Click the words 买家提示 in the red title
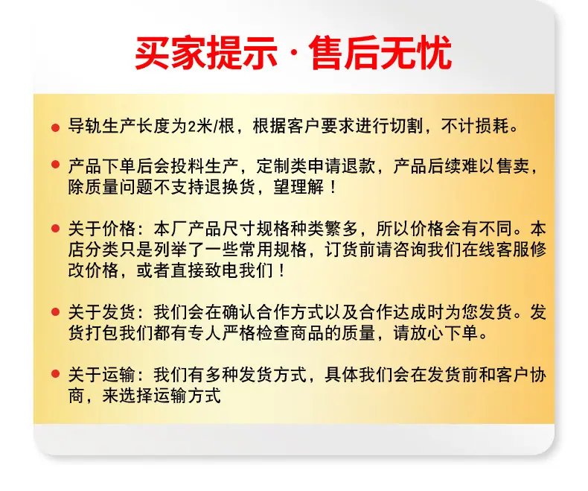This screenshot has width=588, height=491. click(x=206, y=53)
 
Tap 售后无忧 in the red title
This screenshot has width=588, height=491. click(x=380, y=53)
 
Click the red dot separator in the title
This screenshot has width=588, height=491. click(x=293, y=54)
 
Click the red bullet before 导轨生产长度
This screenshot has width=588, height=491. click(x=56, y=127)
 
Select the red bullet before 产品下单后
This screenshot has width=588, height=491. click(x=56, y=164)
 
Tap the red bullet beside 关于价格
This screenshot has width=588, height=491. click(x=56, y=228)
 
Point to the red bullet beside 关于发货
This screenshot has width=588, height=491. click(x=56, y=311)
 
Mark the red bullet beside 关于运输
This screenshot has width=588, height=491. click(x=56, y=373)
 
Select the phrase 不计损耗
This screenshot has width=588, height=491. click(x=475, y=126)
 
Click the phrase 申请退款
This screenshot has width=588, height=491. click(x=342, y=166)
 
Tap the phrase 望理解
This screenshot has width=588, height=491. click(x=298, y=187)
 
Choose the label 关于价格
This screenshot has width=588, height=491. click(x=102, y=229)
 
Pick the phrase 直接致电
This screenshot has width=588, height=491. click(x=205, y=270)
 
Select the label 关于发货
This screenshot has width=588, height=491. click(x=102, y=312)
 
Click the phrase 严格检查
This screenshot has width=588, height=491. click(x=256, y=333)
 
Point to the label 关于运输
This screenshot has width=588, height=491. click(x=102, y=375)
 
